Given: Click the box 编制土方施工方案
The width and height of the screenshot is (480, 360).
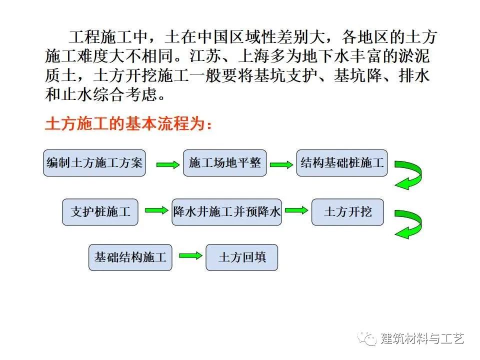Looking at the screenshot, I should tap(94, 163).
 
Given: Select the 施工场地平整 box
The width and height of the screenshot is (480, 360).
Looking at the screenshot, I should tap(225, 163).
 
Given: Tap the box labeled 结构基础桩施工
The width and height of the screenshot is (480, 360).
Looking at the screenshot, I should tap(342, 163).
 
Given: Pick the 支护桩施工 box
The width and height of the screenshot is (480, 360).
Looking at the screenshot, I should tap(100, 211).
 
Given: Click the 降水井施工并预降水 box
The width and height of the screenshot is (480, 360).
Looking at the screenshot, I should tap(226, 211).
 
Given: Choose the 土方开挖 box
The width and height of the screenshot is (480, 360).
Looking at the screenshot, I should tap(348, 211).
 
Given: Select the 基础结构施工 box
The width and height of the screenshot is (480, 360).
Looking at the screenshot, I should tap(130, 257).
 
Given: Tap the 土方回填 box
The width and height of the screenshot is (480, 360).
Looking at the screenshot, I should tap(241, 257).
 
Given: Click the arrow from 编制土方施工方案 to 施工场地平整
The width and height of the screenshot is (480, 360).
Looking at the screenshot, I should tap(166, 164).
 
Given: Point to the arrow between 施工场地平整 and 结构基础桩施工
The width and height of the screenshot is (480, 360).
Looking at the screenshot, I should tap(281, 164).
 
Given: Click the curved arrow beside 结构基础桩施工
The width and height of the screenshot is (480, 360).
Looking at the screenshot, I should tap(408, 174).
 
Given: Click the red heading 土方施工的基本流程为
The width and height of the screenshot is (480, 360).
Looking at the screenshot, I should tap(128, 124).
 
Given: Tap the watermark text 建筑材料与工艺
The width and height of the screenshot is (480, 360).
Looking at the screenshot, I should tap(422, 338).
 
